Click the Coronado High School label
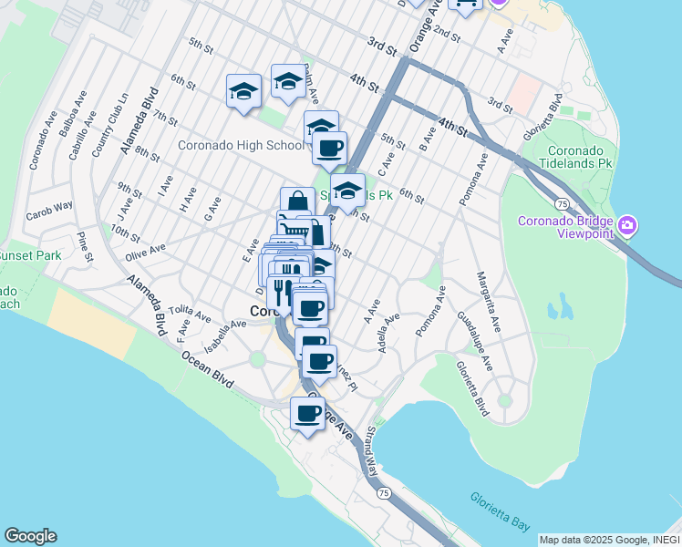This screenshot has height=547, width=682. point(241,145)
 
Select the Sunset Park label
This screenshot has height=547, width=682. point(29,255)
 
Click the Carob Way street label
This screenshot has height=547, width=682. point(51,206)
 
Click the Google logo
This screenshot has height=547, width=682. point(30,536)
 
